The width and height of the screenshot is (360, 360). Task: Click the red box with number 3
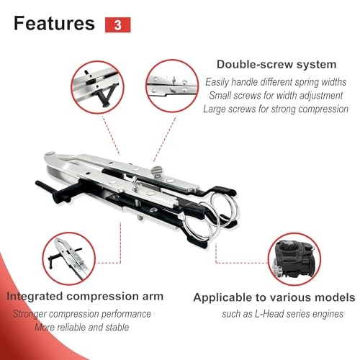click(x=117, y=24)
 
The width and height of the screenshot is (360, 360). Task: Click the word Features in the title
click(x=54, y=23)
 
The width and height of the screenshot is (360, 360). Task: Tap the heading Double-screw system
click(x=276, y=65)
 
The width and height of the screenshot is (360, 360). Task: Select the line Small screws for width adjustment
click(x=276, y=96)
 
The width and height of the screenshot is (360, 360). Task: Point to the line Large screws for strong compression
click(x=276, y=109)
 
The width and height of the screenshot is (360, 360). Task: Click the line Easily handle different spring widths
click(x=276, y=82)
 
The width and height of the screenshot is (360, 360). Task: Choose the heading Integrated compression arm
click(x=85, y=297)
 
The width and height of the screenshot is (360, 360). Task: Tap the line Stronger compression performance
click(x=82, y=314)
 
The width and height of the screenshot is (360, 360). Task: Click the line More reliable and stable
click(x=82, y=328)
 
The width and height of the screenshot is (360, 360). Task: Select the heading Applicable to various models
click(x=274, y=297)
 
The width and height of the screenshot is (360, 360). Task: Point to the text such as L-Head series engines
click(x=282, y=314)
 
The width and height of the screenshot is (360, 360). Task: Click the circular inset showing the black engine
click(x=294, y=259)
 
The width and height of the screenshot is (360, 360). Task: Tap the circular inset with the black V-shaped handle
click(x=97, y=87)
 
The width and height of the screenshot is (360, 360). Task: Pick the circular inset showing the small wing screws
click(x=172, y=86)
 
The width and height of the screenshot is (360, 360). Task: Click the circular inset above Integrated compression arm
click(x=69, y=258)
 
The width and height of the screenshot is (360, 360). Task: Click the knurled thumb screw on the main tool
click(x=157, y=172)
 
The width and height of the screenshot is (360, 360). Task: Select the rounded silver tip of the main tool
click(x=50, y=155)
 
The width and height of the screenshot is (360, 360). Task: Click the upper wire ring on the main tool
click(x=225, y=207)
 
